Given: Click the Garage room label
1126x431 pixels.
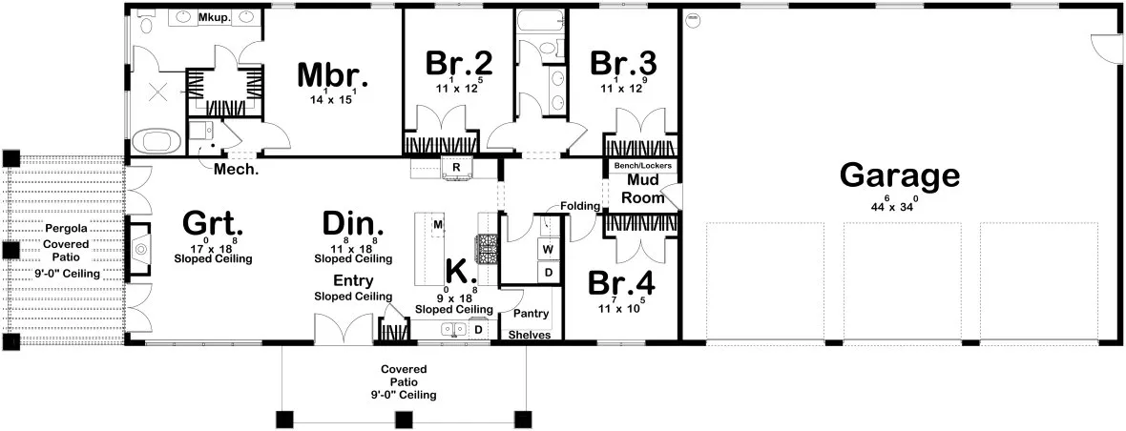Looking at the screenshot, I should tap(899, 176).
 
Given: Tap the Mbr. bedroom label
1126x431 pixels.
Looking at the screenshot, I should tap(332, 74).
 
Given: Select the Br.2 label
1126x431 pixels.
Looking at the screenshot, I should tap(459, 64).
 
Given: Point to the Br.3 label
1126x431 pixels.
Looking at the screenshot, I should tap(623, 64).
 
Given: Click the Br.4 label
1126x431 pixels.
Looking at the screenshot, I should tap(622, 284).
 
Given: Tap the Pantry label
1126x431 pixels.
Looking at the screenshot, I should tap(530, 313).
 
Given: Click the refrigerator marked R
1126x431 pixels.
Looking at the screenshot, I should tap(457, 168).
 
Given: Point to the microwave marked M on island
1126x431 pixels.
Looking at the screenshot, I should tap(438, 224).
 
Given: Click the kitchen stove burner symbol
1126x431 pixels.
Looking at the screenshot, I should tap(488, 249).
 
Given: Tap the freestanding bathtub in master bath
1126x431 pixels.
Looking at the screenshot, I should tap(156, 142).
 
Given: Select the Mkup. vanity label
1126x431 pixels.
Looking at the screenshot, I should tap(212, 18).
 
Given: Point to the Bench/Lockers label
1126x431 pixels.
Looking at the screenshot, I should tap(642, 166).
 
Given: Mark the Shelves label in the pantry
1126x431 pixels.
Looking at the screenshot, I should tap(528, 335).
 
